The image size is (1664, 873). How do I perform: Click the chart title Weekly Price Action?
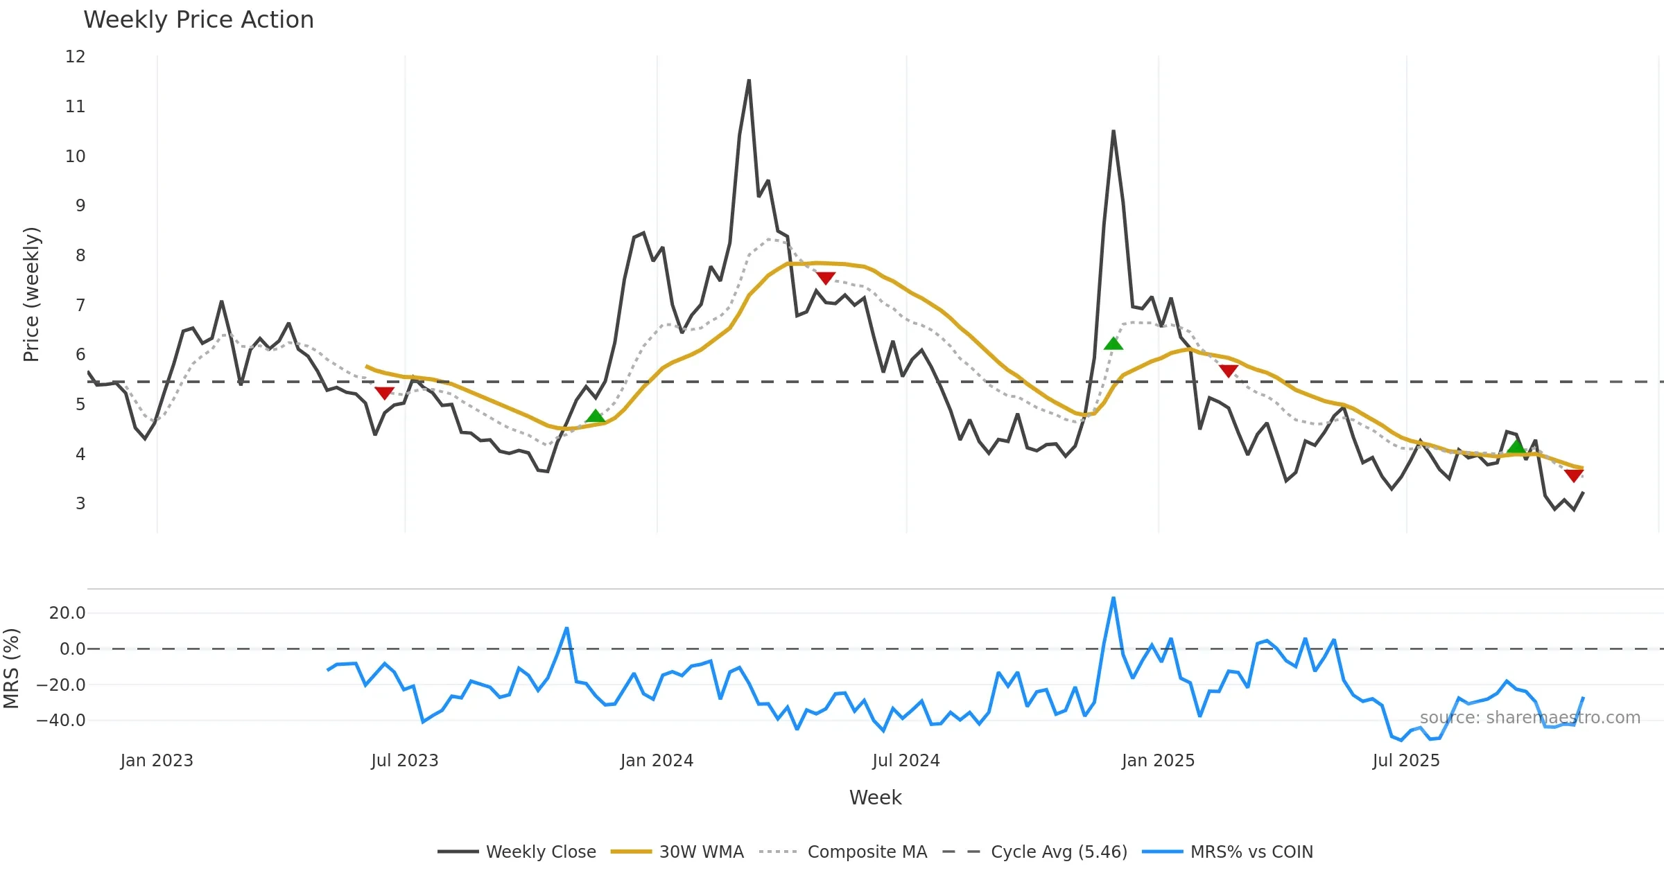(198, 20)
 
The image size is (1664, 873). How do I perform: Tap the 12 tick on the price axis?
(76, 57)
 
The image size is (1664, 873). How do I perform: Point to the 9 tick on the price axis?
(80, 206)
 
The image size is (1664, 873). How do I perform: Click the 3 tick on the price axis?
(80, 504)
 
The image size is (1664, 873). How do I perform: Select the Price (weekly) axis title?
(31, 294)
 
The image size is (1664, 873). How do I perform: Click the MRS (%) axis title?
(12, 669)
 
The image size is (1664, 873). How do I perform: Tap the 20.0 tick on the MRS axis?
(67, 613)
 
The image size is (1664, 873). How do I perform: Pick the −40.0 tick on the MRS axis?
(61, 721)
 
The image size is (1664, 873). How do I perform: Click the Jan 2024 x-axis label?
(657, 761)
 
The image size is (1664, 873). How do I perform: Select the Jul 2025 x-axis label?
(1406, 761)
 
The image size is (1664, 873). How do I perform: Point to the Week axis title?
(875, 798)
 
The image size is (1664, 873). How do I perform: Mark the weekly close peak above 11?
(749, 80)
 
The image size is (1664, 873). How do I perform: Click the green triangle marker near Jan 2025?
(1113, 344)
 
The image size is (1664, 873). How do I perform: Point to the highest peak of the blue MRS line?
(1113, 598)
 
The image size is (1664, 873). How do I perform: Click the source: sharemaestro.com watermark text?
(1529, 718)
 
